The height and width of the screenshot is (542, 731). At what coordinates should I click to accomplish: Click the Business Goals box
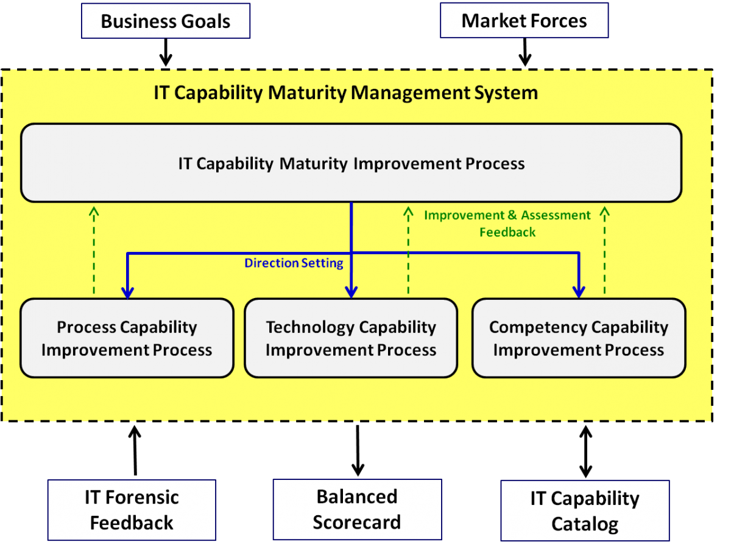(x=166, y=21)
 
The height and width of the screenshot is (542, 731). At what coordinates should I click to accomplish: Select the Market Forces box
(x=524, y=21)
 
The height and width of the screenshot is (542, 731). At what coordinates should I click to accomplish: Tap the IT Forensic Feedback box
(x=132, y=510)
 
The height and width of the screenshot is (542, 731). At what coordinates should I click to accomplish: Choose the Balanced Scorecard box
(x=357, y=509)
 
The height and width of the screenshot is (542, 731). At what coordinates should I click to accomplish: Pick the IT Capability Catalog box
(x=585, y=510)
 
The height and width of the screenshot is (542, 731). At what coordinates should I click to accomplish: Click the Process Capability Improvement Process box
(x=127, y=338)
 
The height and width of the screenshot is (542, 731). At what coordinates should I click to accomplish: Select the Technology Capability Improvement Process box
(x=351, y=338)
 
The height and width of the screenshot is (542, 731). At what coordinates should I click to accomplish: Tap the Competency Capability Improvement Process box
(x=579, y=338)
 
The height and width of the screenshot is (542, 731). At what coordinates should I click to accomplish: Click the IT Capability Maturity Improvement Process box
(x=351, y=163)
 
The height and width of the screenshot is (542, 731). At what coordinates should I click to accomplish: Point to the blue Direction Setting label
(x=294, y=263)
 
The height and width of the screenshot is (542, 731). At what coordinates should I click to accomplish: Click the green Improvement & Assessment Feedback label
(x=507, y=223)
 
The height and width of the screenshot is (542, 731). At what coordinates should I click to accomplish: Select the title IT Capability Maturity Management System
(x=346, y=92)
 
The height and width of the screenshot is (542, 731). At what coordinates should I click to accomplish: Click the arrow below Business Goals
(x=166, y=52)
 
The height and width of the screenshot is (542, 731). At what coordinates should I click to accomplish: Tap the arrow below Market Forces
(x=524, y=52)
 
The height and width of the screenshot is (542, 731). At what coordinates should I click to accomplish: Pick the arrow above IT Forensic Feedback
(x=135, y=451)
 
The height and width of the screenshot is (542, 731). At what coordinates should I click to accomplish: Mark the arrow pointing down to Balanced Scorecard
(x=358, y=451)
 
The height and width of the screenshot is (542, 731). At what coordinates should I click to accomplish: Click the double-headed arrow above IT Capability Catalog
(x=585, y=451)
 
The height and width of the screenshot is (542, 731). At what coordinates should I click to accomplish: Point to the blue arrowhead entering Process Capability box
(x=127, y=293)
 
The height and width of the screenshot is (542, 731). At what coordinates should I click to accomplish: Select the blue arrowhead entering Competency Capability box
(x=579, y=292)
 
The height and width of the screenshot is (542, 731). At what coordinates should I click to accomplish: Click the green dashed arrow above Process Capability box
(x=94, y=250)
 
